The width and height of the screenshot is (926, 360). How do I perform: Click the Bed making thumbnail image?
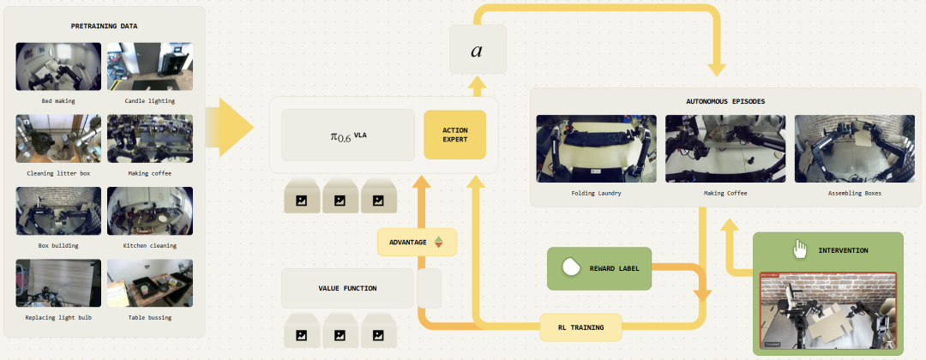point(58,67)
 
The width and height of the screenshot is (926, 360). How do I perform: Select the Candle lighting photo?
point(149,67)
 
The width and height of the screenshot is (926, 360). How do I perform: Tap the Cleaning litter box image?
point(58,139)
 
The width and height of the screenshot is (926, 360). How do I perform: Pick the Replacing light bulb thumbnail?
point(58,284)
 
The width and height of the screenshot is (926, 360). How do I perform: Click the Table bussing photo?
point(149,284)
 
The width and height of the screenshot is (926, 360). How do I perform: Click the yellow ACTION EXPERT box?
point(454,135)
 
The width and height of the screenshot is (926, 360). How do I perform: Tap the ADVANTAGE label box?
point(417,243)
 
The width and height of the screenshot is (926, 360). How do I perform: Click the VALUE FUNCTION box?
point(347,289)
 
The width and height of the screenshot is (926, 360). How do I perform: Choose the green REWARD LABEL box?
point(599,268)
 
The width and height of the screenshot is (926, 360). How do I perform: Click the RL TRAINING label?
point(580,327)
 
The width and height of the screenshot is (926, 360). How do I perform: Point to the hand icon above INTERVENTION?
point(800,249)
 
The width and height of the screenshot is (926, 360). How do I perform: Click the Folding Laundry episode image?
point(595,147)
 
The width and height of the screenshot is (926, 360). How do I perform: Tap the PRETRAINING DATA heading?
point(105,26)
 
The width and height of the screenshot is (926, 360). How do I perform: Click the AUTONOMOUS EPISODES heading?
point(725,101)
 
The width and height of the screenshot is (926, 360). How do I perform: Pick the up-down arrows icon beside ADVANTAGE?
point(439,243)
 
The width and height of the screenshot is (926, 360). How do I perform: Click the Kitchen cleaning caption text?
point(149,246)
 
